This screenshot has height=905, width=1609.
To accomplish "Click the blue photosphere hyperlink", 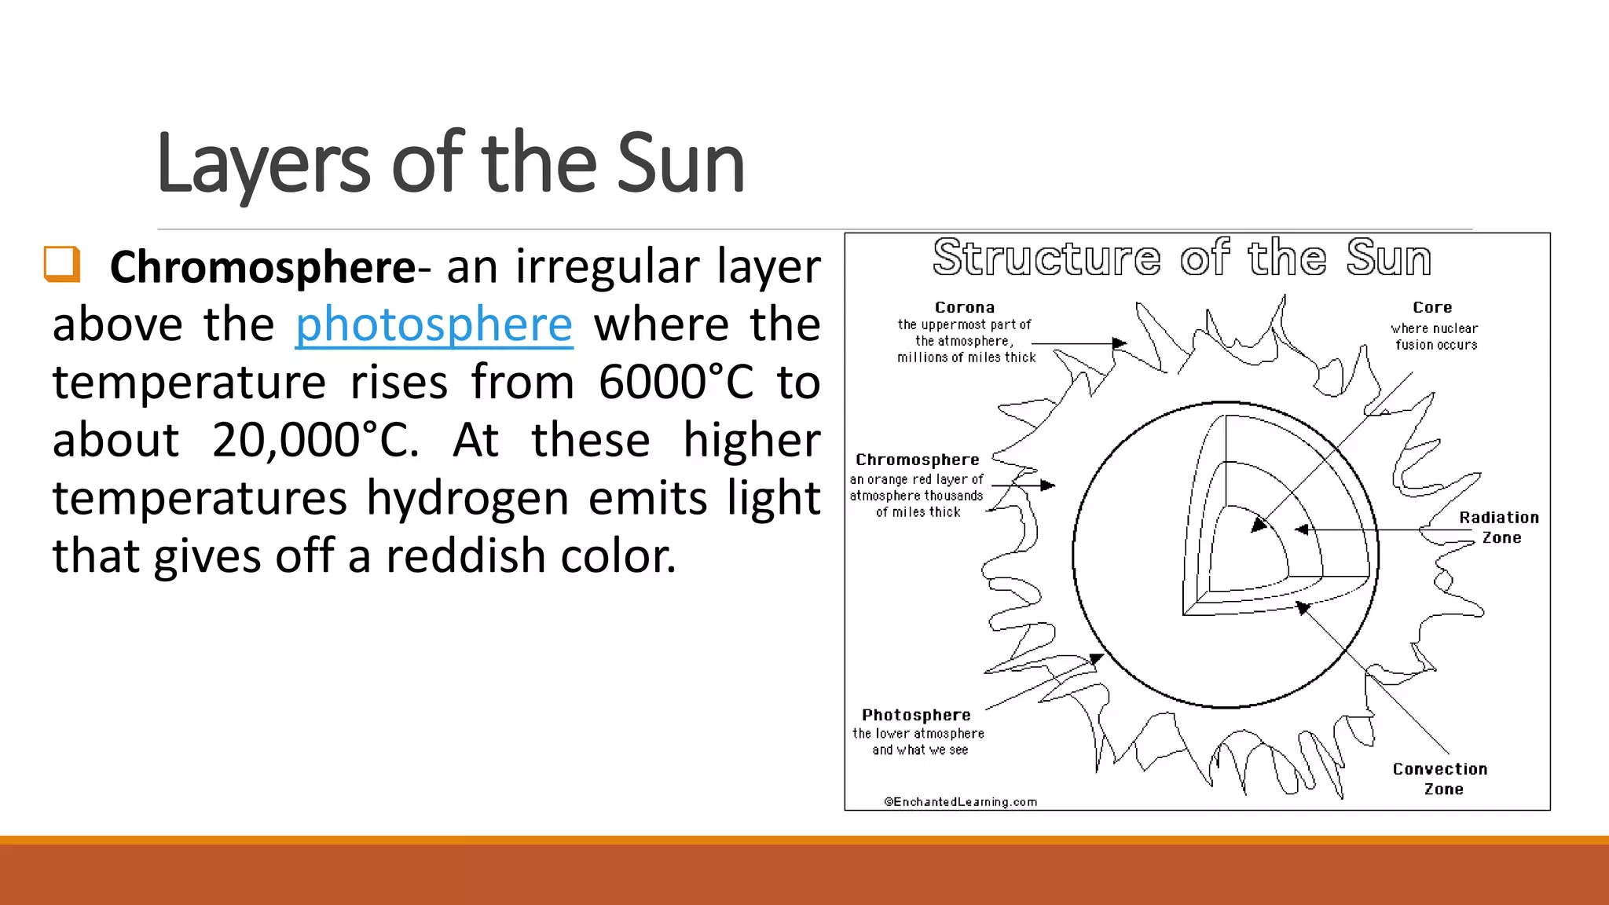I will (434, 324).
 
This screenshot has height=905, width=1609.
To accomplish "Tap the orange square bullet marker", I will (62, 264).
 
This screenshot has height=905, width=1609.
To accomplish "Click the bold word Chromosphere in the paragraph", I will (262, 267).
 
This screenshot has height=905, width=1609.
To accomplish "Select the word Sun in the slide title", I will (680, 163).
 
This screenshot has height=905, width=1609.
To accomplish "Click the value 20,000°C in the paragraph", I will (314, 440).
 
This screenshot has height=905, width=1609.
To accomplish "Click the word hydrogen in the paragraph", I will (468, 498).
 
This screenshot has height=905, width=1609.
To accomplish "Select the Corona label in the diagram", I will (965, 307).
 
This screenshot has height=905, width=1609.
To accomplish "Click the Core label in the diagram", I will (1432, 307).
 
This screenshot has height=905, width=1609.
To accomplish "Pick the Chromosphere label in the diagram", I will (918, 460).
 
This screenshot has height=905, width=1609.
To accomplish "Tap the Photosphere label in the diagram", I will (916, 715).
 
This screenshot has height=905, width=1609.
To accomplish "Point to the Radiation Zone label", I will (1500, 527).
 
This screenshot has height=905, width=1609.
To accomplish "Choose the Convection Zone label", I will (1441, 779).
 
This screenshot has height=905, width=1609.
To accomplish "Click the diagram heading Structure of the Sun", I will (1182, 258).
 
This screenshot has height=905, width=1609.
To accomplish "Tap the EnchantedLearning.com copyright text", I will (961, 801).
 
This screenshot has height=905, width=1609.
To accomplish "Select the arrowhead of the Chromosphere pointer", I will (1048, 485).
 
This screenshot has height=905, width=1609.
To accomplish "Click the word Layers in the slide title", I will (262, 163).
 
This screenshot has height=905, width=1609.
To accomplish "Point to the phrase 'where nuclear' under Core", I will (1434, 328).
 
